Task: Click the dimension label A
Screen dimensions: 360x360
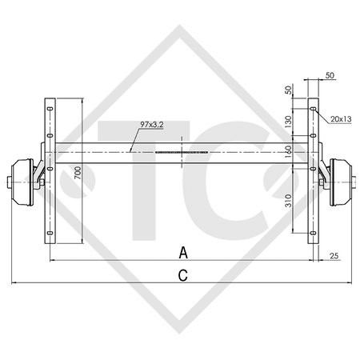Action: pyautogui.click(x=183, y=253)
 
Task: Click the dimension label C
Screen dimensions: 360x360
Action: pyautogui.click(x=183, y=275)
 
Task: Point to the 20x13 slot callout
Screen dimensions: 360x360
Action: pyautogui.click(x=340, y=119)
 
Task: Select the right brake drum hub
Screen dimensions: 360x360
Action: pyautogui.click(x=341, y=176)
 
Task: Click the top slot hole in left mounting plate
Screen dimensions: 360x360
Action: pyautogui.click(x=50, y=105)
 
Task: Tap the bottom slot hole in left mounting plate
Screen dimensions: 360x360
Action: pyautogui.click(x=50, y=234)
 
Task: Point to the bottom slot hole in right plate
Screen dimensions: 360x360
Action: pyautogui.click(x=313, y=234)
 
